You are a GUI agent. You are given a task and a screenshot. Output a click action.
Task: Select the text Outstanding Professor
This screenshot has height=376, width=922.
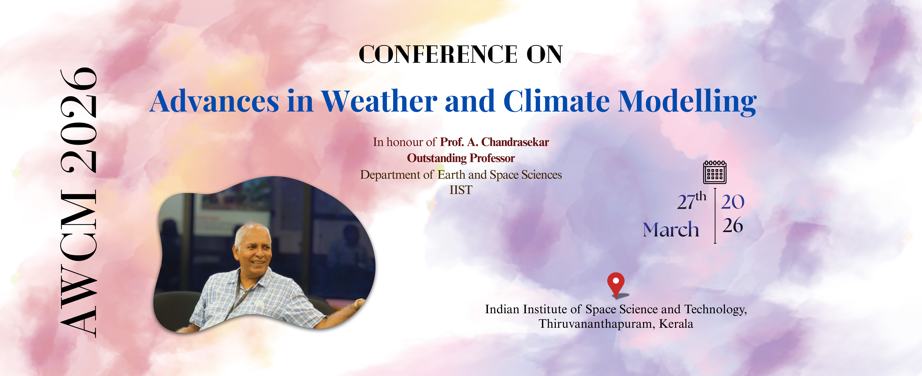tap(461, 158)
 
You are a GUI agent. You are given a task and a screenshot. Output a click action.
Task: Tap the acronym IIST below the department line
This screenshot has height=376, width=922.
tap(461, 190)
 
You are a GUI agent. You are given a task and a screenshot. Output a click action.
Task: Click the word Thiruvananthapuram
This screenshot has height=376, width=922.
tap(597, 324)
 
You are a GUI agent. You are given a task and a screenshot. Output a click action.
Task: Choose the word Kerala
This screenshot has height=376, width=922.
tap(676, 324)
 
